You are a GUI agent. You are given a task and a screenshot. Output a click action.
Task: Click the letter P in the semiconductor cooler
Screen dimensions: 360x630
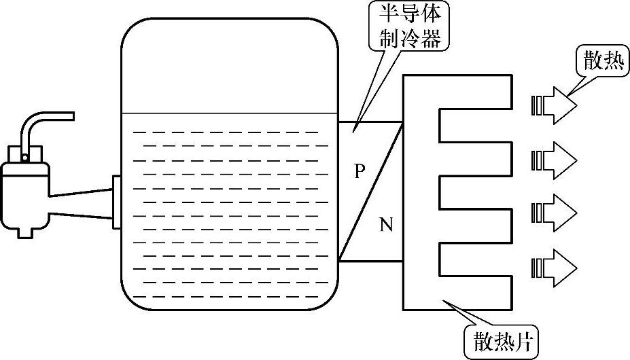coord(360,171)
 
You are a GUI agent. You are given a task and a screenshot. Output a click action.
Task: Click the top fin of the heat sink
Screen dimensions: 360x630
coord(476,92)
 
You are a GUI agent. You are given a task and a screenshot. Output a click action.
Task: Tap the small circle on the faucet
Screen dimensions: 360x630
coord(25,158)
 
